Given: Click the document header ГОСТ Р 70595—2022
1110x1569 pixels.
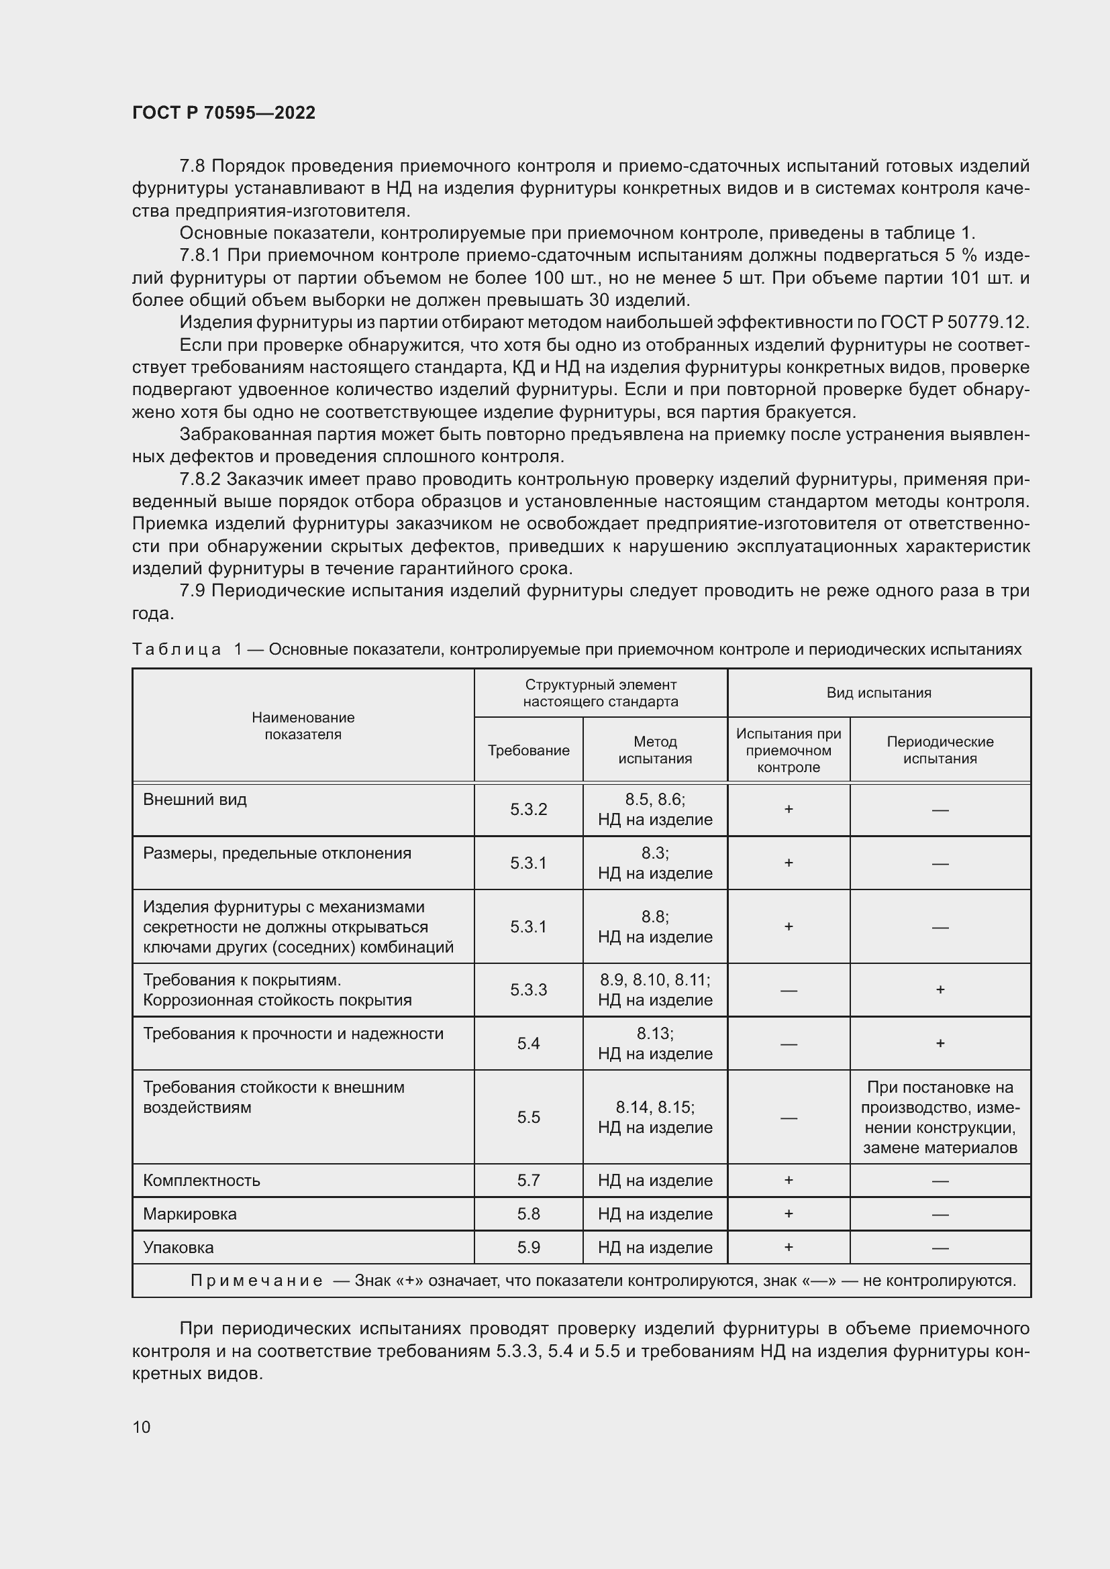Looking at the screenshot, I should point(223,113).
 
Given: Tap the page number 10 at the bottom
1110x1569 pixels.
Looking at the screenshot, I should point(142,1427).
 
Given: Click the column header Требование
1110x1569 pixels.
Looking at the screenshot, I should point(528,751).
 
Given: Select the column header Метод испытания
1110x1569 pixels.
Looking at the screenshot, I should point(655,751).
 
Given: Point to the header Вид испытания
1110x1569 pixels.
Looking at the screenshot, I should point(878,693).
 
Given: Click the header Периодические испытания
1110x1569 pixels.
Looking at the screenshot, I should point(940,751).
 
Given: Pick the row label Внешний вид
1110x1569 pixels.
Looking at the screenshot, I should point(195,800).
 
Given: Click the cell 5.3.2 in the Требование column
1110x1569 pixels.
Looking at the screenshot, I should point(528,810).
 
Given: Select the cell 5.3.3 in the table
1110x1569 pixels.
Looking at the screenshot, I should point(528,990).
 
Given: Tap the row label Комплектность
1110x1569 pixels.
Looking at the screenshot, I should point(201,1180).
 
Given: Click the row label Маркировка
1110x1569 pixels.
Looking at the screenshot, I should point(190,1213).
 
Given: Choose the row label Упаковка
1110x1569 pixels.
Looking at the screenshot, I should point(179,1247).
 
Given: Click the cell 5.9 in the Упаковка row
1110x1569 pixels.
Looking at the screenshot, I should point(528,1247).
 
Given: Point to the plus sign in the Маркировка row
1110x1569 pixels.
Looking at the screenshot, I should point(788,1213).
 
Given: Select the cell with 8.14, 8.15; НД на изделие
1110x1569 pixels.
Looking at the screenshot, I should point(655,1118).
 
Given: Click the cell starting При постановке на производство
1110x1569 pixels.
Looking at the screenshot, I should point(940,1118).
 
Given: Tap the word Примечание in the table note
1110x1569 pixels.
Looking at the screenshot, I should point(256,1281).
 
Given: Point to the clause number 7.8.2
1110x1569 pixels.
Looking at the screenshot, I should point(200,480).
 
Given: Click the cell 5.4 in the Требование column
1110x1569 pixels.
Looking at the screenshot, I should point(528,1044).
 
